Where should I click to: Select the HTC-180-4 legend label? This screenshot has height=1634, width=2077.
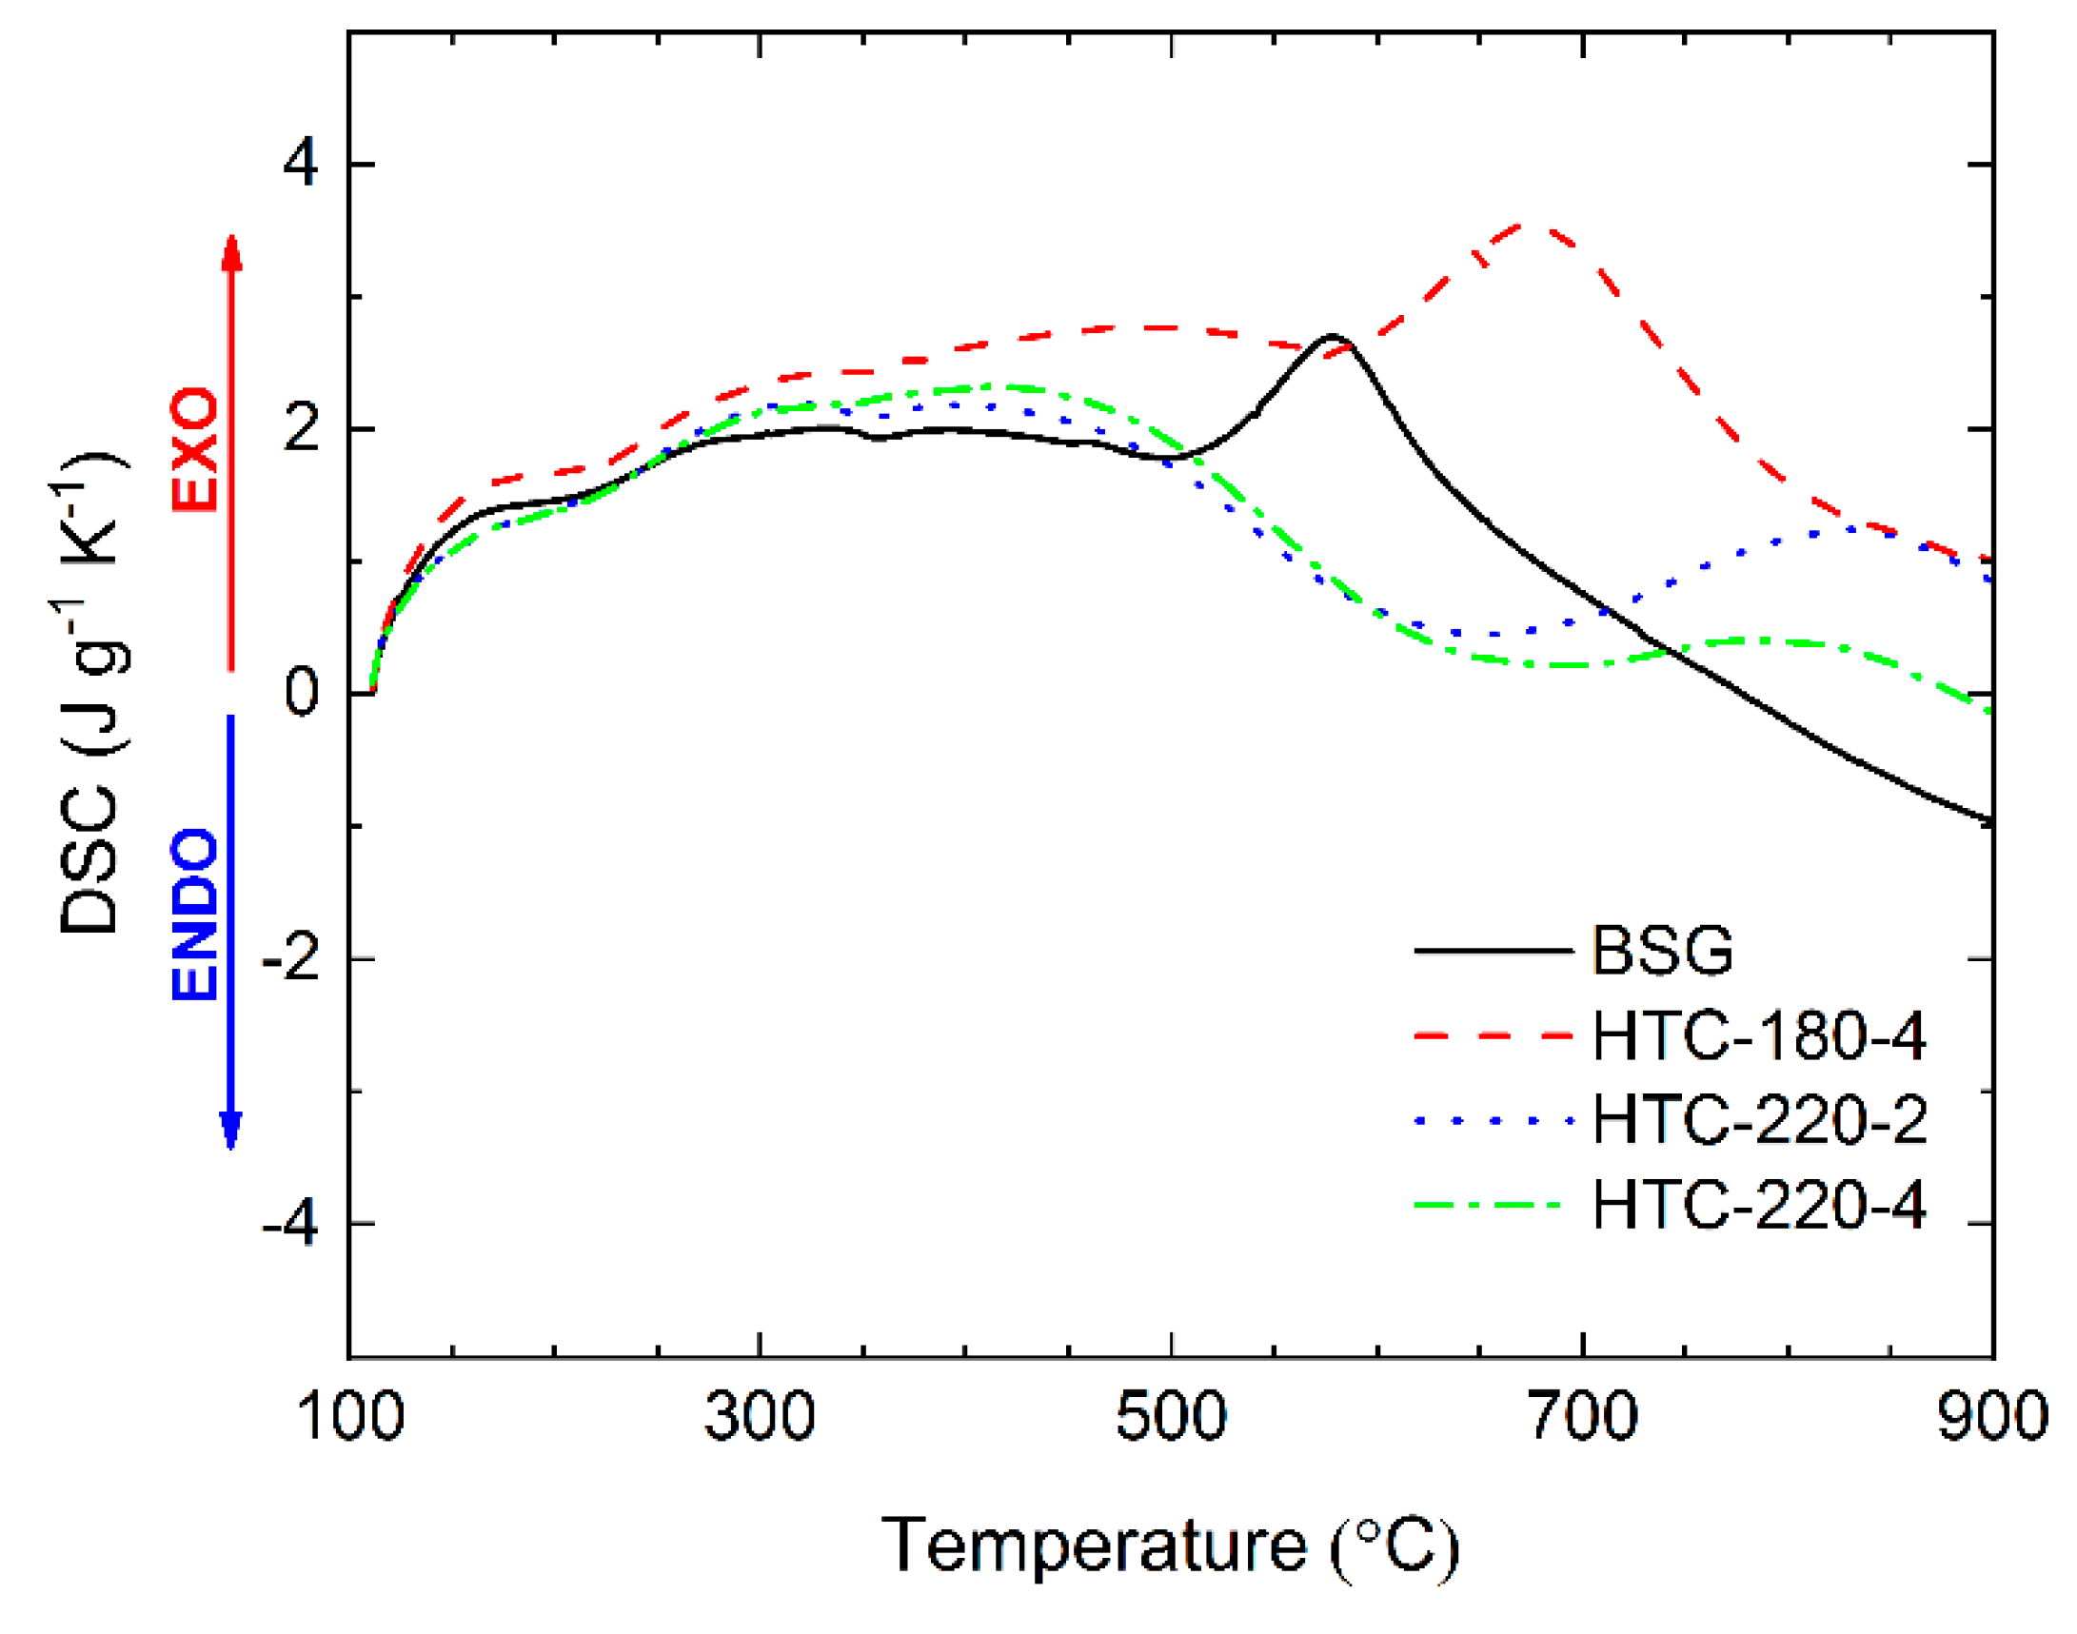pyautogui.click(x=1758, y=1035)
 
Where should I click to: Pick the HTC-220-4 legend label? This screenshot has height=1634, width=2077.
pyautogui.click(x=1758, y=1204)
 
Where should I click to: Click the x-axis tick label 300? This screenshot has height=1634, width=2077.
pyautogui.click(x=759, y=1416)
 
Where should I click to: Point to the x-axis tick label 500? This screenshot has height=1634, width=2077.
pyautogui.click(x=1170, y=1416)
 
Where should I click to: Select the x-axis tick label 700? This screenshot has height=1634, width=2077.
pyautogui.click(x=1582, y=1416)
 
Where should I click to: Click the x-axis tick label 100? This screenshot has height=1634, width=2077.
pyautogui.click(x=350, y=1416)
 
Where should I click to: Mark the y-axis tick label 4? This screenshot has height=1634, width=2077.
pyautogui.click(x=301, y=165)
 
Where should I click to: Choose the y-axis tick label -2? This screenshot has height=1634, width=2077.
pyautogui.click(x=290, y=958)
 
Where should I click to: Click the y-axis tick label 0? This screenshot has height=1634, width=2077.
pyautogui.click(x=302, y=693)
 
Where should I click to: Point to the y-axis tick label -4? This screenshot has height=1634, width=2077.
pyautogui.click(x=290, y=1224)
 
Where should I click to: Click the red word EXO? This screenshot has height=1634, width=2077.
pyautogui.click(x=195, y=448)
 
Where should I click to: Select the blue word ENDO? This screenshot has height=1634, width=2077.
pyautogui.click(x=195, y=914)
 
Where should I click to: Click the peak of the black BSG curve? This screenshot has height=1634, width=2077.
pyautogui.click(x=1331, y=336)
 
